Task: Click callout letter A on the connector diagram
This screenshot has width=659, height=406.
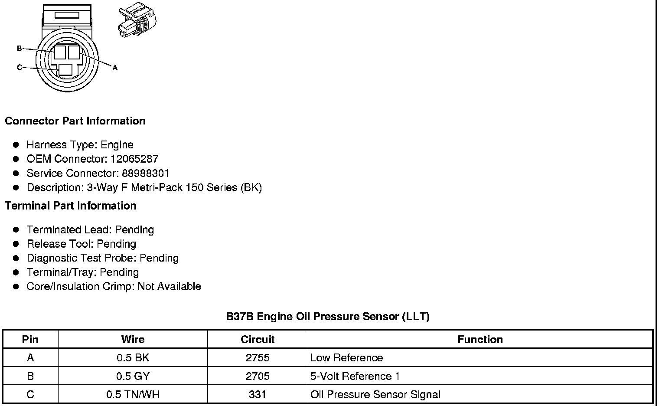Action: (115, 68)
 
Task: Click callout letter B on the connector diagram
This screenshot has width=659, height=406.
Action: (20, 48)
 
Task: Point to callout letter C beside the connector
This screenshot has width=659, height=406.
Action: (20, 67)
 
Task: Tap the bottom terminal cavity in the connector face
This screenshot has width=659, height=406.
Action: (65, 70)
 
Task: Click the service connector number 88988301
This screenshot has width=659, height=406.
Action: (145, 174)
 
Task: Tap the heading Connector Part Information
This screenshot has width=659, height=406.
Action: (75, 121)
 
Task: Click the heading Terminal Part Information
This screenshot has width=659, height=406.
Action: (71, 206)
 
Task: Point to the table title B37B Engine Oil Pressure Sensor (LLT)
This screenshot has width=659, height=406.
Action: (328, 316)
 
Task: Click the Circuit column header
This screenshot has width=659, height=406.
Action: (258, 339)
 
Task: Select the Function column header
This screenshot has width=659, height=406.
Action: (480, 339)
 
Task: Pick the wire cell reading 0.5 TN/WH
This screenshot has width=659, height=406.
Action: (133, 395)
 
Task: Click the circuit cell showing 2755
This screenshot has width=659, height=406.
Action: (258, 358)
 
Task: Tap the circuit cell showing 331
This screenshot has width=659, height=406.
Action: (258, 395)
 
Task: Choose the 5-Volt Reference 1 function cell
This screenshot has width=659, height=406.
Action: (355, 376)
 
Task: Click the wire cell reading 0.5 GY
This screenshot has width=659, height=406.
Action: (133, 376)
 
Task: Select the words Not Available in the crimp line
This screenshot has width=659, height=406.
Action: (169, 287)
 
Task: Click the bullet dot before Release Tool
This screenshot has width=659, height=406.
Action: (16, 244)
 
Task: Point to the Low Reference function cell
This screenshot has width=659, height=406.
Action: (347, 358)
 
